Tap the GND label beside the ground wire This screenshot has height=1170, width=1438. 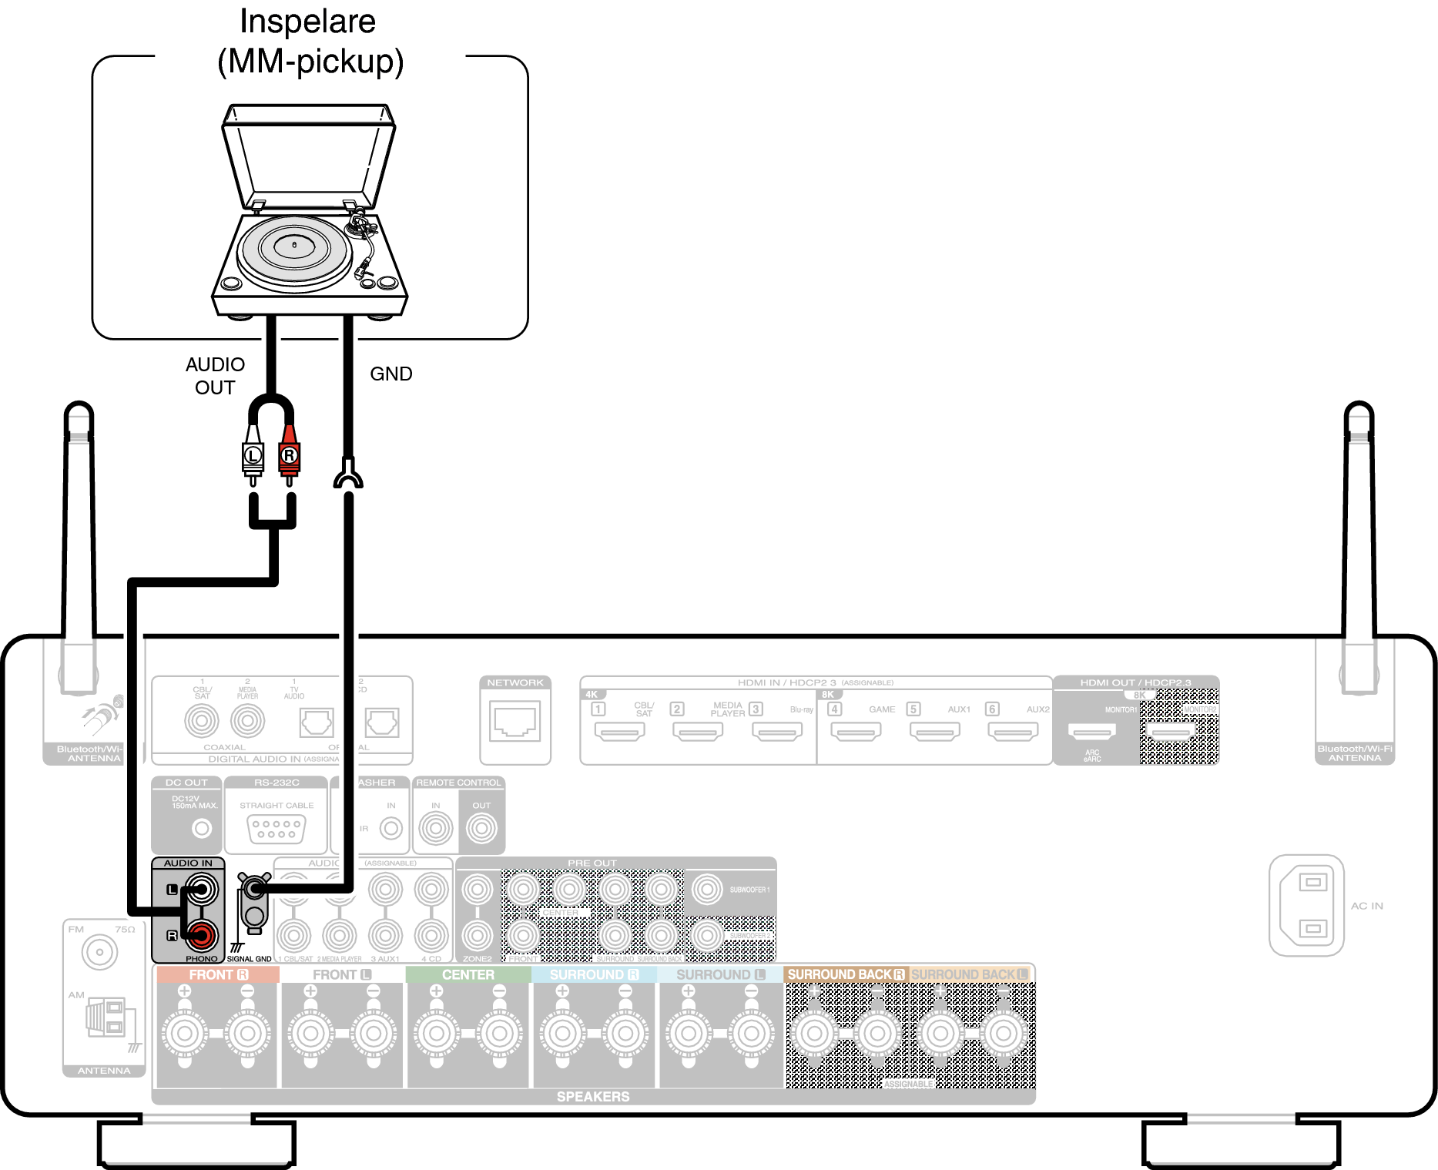point(391,374)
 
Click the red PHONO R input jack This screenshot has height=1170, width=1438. point(201,935)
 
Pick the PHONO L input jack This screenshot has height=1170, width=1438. point(201,890)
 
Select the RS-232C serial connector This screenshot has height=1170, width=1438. point(277,829)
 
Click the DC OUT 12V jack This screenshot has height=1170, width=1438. point(201,828)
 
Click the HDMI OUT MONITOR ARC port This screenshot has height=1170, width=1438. point(1091,732)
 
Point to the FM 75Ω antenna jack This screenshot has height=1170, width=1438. point(99,952)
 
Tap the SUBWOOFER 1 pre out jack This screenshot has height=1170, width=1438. point(706,889)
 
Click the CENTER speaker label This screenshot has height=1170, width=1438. point(468,974)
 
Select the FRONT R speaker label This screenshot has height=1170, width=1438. point(218,974)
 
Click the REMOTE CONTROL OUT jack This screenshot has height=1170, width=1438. point(481,828)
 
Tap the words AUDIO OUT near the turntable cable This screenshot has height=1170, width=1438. point(215,376)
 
